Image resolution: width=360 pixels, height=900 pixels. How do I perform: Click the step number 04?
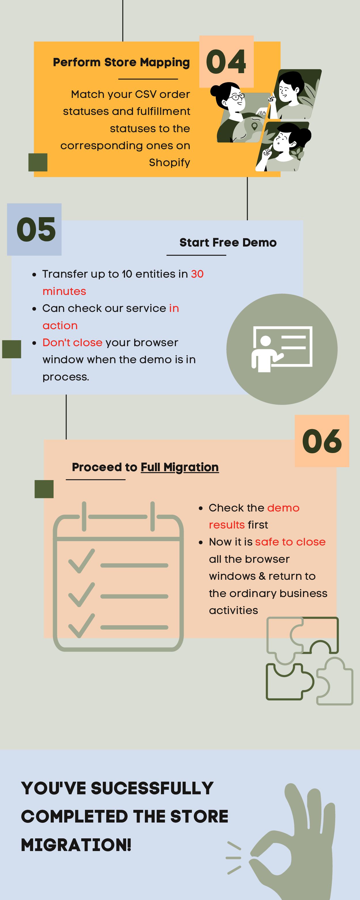tap(226, 62)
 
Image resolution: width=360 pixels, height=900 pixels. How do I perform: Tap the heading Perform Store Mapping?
tap(121, 62)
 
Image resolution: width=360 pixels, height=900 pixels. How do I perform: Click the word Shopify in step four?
tap(170, 162)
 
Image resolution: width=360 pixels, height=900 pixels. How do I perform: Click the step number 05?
tap(36, 230)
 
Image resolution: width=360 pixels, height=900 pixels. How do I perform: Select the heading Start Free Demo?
tap(228, 242)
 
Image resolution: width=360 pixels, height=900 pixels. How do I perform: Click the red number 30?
tap(197, 274)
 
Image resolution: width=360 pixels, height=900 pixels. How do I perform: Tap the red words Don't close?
tap(72, 342)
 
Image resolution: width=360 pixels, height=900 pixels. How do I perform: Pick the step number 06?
tap(322, 441)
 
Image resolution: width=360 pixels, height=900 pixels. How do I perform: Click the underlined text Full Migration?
tap(180, 467)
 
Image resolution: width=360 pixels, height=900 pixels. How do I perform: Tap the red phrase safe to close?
tap(290, 542)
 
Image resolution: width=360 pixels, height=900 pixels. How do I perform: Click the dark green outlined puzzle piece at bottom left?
tap(288, 681)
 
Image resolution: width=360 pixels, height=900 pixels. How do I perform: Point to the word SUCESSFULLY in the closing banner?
tap(152, 789)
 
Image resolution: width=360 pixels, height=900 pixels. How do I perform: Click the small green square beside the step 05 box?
tap(12, 349)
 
